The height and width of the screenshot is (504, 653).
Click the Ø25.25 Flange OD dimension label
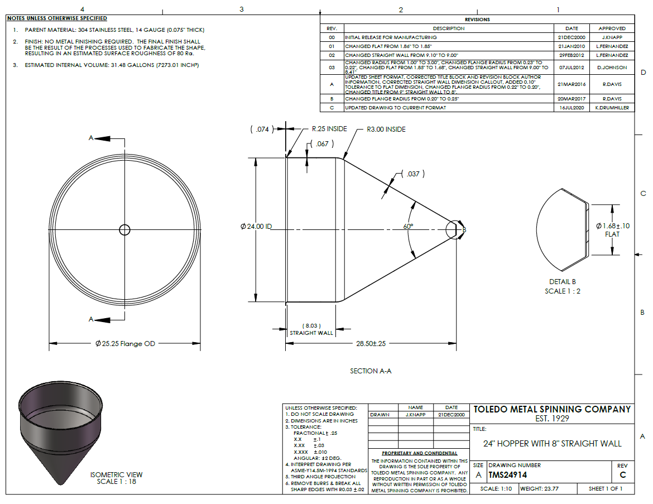125,344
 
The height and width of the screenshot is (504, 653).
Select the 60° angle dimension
408,226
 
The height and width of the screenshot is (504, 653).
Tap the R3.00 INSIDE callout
386,129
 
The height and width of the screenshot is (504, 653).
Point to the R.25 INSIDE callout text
329,129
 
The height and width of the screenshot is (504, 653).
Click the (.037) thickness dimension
413,174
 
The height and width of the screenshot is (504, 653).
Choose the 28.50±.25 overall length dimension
371,344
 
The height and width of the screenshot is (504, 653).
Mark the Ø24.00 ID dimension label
256,227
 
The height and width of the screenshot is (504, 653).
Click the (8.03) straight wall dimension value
311,326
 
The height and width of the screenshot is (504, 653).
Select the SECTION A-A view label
371,371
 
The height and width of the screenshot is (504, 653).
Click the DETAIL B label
562,282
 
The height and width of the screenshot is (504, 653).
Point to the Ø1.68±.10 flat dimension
613,226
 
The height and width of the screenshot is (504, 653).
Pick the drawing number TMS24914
508,475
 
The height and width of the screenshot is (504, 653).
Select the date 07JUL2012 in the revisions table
572,68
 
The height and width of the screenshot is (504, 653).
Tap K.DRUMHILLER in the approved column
612,108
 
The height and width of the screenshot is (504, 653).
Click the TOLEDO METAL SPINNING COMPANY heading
552,410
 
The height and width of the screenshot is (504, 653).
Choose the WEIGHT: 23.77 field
539,488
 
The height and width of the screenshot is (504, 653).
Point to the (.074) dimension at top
262,129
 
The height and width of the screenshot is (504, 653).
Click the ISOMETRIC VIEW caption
116,475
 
